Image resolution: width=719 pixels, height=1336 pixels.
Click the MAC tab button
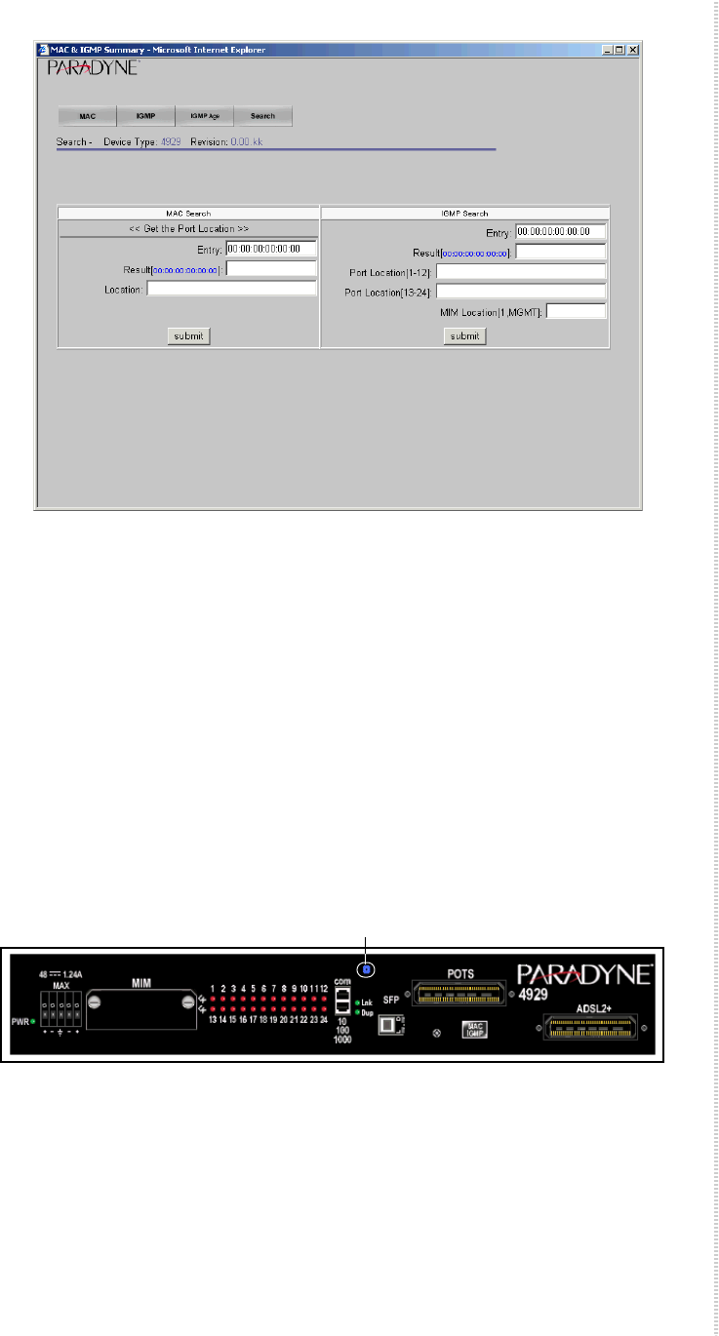point(87,116)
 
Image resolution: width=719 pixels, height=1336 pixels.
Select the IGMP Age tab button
point(205,116)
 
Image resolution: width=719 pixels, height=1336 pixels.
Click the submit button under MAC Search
point(188,335)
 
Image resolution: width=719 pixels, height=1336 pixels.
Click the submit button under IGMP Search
point(465,335)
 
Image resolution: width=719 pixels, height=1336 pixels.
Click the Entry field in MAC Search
point(271,249)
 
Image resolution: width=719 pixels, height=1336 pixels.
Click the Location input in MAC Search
point(232,289)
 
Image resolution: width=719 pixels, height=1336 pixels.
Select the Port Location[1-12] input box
point(521,271)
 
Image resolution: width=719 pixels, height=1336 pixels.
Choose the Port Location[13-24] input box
point(521,292)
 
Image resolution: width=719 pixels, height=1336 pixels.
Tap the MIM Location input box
point(576,311)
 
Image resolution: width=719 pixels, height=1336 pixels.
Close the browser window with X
point(632,50)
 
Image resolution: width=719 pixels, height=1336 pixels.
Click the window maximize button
point(619,50)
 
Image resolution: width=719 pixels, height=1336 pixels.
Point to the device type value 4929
point(171,142)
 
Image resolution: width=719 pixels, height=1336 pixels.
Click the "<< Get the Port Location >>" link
point(189,228)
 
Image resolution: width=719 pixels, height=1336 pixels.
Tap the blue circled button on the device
point(367,969)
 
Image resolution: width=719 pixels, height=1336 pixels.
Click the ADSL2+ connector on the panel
point(593,1024)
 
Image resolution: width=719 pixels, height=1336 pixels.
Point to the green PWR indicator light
point(34,1021)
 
